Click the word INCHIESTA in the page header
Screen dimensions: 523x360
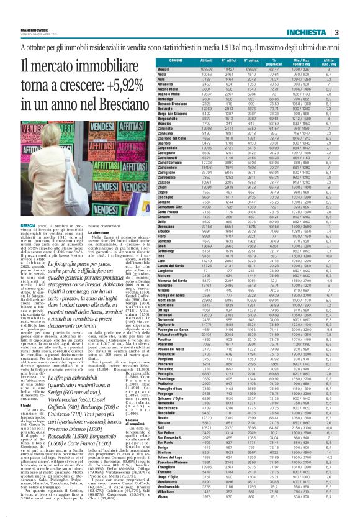coord(327,15)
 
